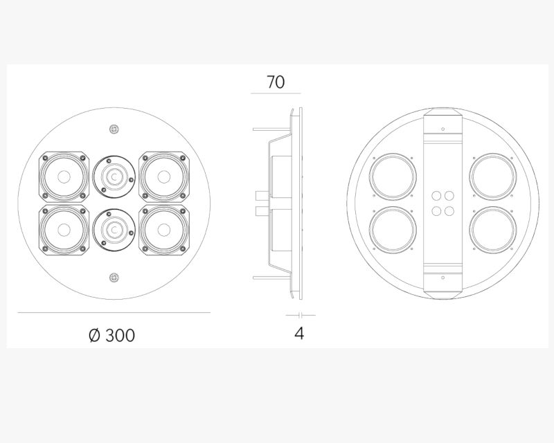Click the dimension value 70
click(x=276, y=82)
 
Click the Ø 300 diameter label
click(x=111, y=335)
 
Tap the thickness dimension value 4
click(x=299, y=333)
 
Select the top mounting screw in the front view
click(x=114, y=129)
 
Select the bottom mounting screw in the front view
click(x=114, y=278)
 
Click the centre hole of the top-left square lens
click(x=64, y=177)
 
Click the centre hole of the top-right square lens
click(x=164, y=177)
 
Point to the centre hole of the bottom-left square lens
click(x=64, y=230)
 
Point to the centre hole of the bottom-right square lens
click(x=164, y=230)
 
